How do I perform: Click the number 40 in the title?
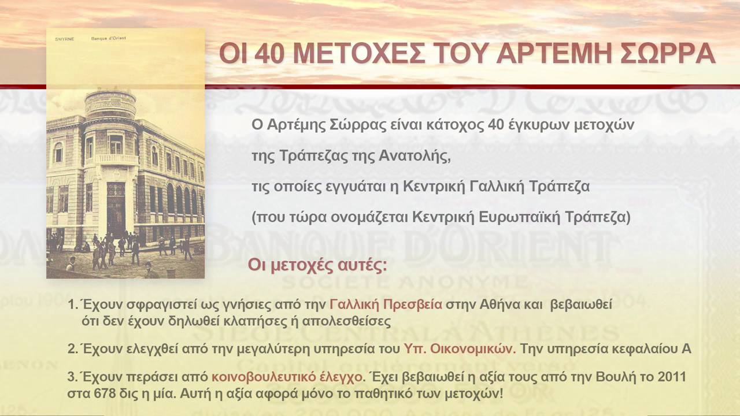point(270,54)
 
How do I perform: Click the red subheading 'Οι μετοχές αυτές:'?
point(317,265)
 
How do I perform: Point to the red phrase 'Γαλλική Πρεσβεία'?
point(386,306)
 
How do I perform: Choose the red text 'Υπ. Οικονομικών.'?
point(459,349)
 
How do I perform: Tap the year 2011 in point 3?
point(671,377)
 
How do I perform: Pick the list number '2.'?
point(72,349)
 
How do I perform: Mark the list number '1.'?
point(72,306)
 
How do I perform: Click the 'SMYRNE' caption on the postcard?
point(64,39)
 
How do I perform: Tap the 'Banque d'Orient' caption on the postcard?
point(109,39)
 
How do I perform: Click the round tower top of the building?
point(110,104)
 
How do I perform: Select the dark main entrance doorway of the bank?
point(116,208)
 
